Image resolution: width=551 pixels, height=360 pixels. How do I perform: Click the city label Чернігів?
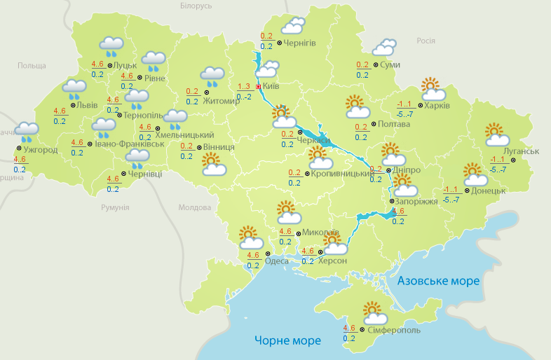pos(300,43)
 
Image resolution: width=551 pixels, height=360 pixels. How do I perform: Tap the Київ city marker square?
pos(258,87)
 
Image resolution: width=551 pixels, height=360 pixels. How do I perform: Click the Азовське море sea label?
pos(438,281)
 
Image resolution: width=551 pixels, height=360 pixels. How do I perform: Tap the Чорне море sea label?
pos(287,341)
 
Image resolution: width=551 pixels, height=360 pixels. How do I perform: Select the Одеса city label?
pos(276,261)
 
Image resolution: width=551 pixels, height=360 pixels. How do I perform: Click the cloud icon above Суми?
pos(383,48)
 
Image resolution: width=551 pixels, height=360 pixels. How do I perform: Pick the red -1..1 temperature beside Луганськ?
pos(498,159)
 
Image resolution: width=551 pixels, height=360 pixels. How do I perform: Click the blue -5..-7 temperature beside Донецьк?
pos(451,200)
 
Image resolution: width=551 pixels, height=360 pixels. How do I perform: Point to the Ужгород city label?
pos(40,149)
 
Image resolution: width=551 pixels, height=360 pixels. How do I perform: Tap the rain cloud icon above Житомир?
pos(212,75)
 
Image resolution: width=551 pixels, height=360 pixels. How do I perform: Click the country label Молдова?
pos(194,208)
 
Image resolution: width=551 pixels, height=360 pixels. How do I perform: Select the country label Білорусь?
pos(196,6)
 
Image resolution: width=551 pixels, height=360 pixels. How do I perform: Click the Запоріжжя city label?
pos(417,201)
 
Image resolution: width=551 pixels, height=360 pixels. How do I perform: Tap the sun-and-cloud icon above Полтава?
pos(358,107)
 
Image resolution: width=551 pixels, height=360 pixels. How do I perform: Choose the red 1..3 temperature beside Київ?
pos(244,86)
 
